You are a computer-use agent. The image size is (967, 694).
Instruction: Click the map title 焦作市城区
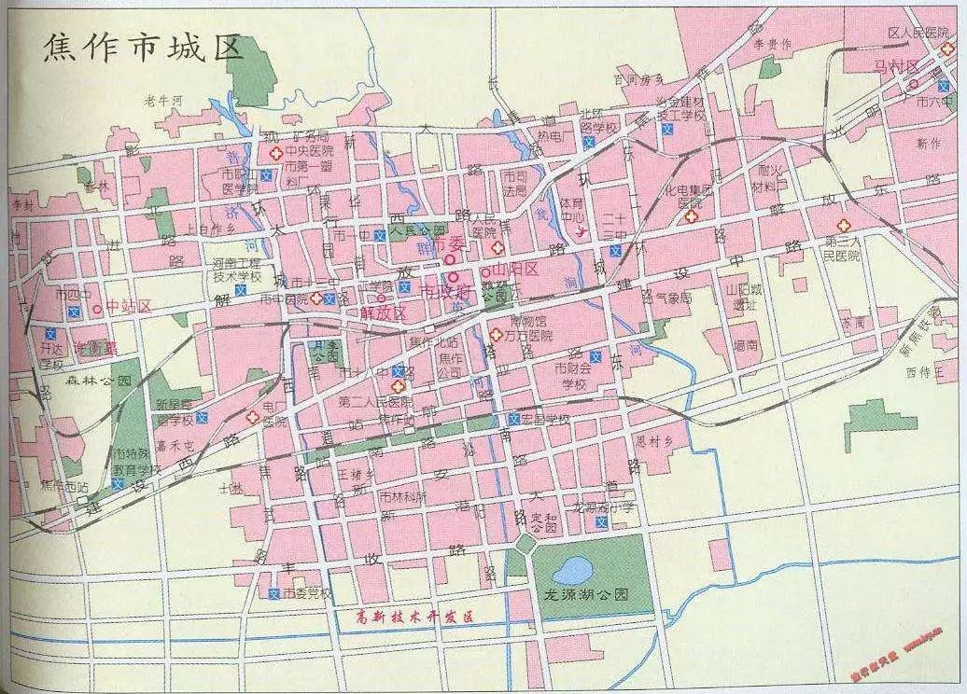(x=143, y=48)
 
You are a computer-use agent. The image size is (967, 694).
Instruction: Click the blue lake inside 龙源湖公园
(x=571, y=568)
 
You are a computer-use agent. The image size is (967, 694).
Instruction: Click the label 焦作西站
(x=66, y=486)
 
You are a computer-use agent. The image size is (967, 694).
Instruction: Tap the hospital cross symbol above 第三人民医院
(x=843, y=226)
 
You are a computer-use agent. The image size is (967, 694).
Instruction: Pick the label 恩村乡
(x=653, y=442)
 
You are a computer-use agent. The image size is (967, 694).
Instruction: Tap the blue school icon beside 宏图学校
(x=514, y=419)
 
